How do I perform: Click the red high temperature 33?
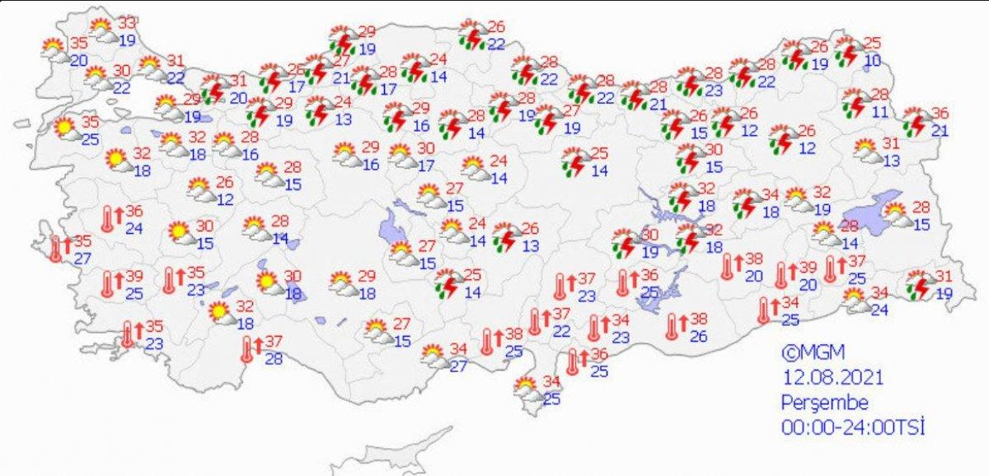[128, 23]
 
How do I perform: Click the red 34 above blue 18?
[771, 195]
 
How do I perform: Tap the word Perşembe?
[824, 403]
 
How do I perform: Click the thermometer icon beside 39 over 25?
[108, 284]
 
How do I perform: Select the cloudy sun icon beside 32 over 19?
[797, 199]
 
